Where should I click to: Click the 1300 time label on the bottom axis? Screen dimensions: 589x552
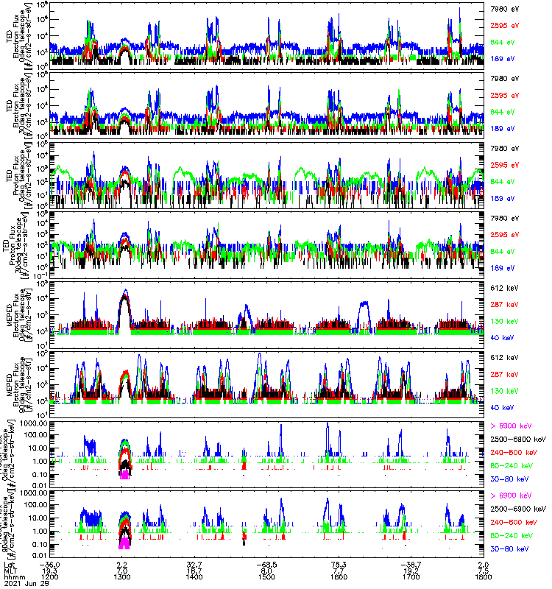coord(123,576)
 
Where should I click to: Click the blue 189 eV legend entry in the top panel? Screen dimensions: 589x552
coord(502,57)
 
